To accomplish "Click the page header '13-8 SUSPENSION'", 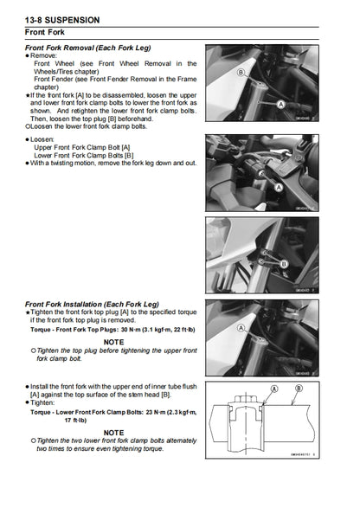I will click(x=62, y=18).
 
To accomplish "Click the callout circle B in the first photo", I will click(x=241, y=74).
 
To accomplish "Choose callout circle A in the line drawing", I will click(x=274, y=390).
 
